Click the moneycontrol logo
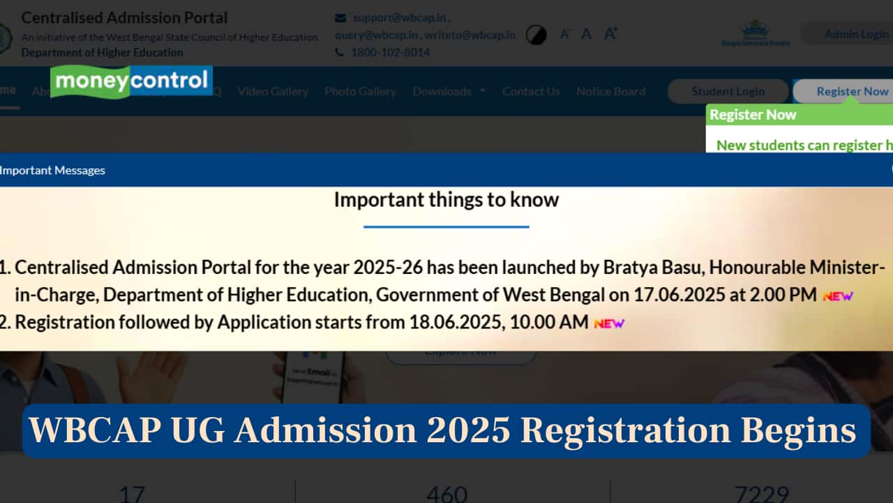[x=131, y=82]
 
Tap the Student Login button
[x=728, y=92]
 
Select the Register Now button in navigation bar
[x=852, y=92]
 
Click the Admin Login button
[x=856, y=34]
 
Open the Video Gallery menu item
[x=273, y=92]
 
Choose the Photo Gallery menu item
[x=360, y=92]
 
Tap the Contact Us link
[x=531, y=92]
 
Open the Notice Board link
[x=610, y=92]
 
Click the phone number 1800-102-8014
[x=390, y=52]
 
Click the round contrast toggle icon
[x=536, y=34]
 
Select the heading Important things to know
[x=446, y=200]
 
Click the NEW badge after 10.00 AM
[x=608, y=323]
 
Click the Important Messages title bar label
[x=53, y=170]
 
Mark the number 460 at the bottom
[x=446, y=493]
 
